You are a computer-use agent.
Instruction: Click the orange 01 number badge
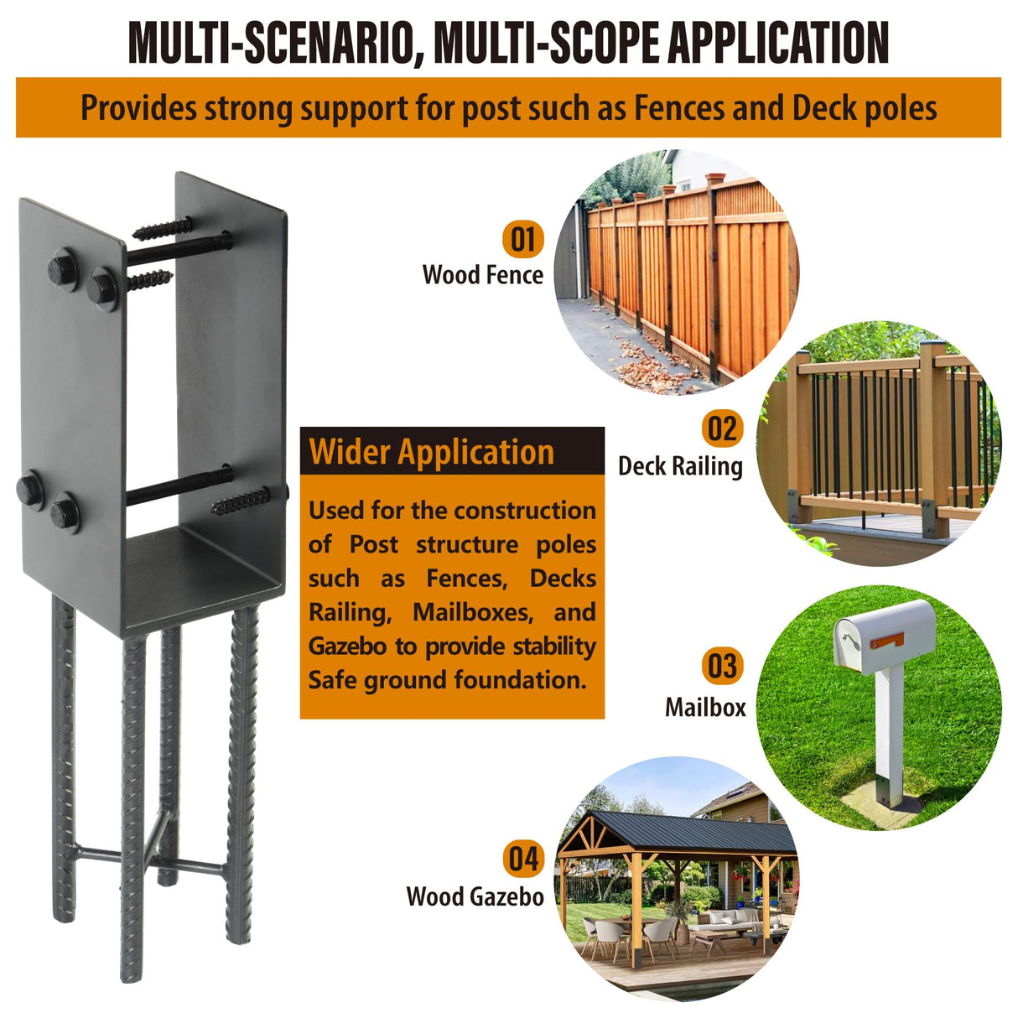tap(522, 239)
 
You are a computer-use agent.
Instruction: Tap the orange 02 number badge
tap(721, 429)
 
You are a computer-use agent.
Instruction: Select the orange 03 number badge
tap(721, 667)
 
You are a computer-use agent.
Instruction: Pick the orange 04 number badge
tap(522, 860)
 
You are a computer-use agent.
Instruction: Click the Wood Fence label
tap(483, 275)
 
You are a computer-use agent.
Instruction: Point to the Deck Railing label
tap(680, 466)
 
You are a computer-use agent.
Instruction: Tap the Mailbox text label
tap(705, 707)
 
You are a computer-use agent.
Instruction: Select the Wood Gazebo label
tap(475, 896)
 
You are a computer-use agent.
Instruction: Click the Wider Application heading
tap(432, 452)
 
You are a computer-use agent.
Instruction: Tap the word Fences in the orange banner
tap(679, 108)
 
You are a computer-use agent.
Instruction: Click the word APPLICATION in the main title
tap(776, 44)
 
